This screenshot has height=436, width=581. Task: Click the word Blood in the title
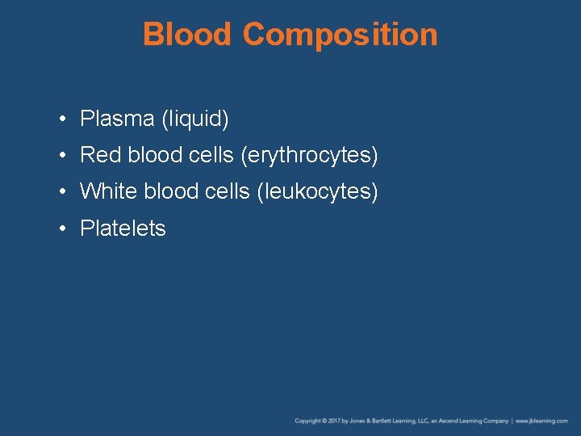pyautogui.click(x=187, y=35)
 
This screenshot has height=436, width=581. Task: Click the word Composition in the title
pyautogui.click(x=339, y=35)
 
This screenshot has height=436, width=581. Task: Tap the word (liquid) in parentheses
pyautogui.click(x=195, y=119)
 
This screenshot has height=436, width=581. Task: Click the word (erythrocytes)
pyautogui.click(x=309, y=155)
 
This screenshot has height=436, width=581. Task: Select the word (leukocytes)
pyautogui.click(x=317, y=191)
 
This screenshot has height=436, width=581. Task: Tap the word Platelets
pyautogui.click(x=123, y=228)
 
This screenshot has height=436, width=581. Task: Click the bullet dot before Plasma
pyautogui.click(x=62, y=120)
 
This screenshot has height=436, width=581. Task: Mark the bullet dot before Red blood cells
pyautogui.click(x=62, y=156)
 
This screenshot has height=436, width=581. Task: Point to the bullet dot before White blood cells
pyautogui.click(x=62, y=192)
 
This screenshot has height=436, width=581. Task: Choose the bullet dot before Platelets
pyautogui.click(x=62, y=229)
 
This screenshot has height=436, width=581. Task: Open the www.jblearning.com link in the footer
pyautogui.click(x=542, y=421)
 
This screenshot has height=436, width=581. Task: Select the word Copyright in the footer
pyautogui.click(x=307, y=421)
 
